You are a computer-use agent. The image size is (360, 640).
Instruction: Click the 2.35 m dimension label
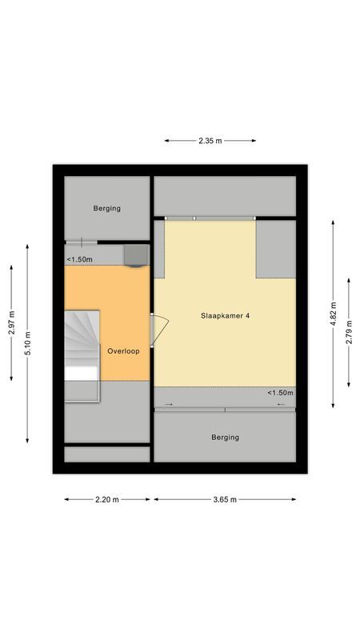pyautogui.click(x=210, y=141)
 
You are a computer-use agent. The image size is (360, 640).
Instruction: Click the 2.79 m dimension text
pyautogui.click(x=350, y=331)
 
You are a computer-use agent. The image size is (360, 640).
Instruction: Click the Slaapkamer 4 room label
pyautogui.click(x=225, y=316)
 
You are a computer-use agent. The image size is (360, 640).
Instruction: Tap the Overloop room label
pyautogui.click(x=123, y=351)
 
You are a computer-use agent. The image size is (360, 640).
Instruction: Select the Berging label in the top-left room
pyautogui.click(x=106, y=209)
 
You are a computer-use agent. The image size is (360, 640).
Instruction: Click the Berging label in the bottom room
pyautogui.click(x=225, y=438)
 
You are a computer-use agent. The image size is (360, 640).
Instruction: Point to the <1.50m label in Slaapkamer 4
pyautogui.click(x=280, y=393)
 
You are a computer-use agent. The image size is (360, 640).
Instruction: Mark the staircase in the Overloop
pyautogui.click(x=82, y=344)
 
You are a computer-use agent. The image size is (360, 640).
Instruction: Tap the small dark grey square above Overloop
pyautogui.click(x=134, y=254)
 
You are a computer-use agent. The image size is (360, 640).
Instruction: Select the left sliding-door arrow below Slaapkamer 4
pyautogui.click(x=168, y=405)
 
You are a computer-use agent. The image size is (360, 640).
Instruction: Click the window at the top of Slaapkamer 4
pyautogui.click(x=210, y=218)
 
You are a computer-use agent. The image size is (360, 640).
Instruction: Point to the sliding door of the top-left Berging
pyautogui.click(x=81, y=242)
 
